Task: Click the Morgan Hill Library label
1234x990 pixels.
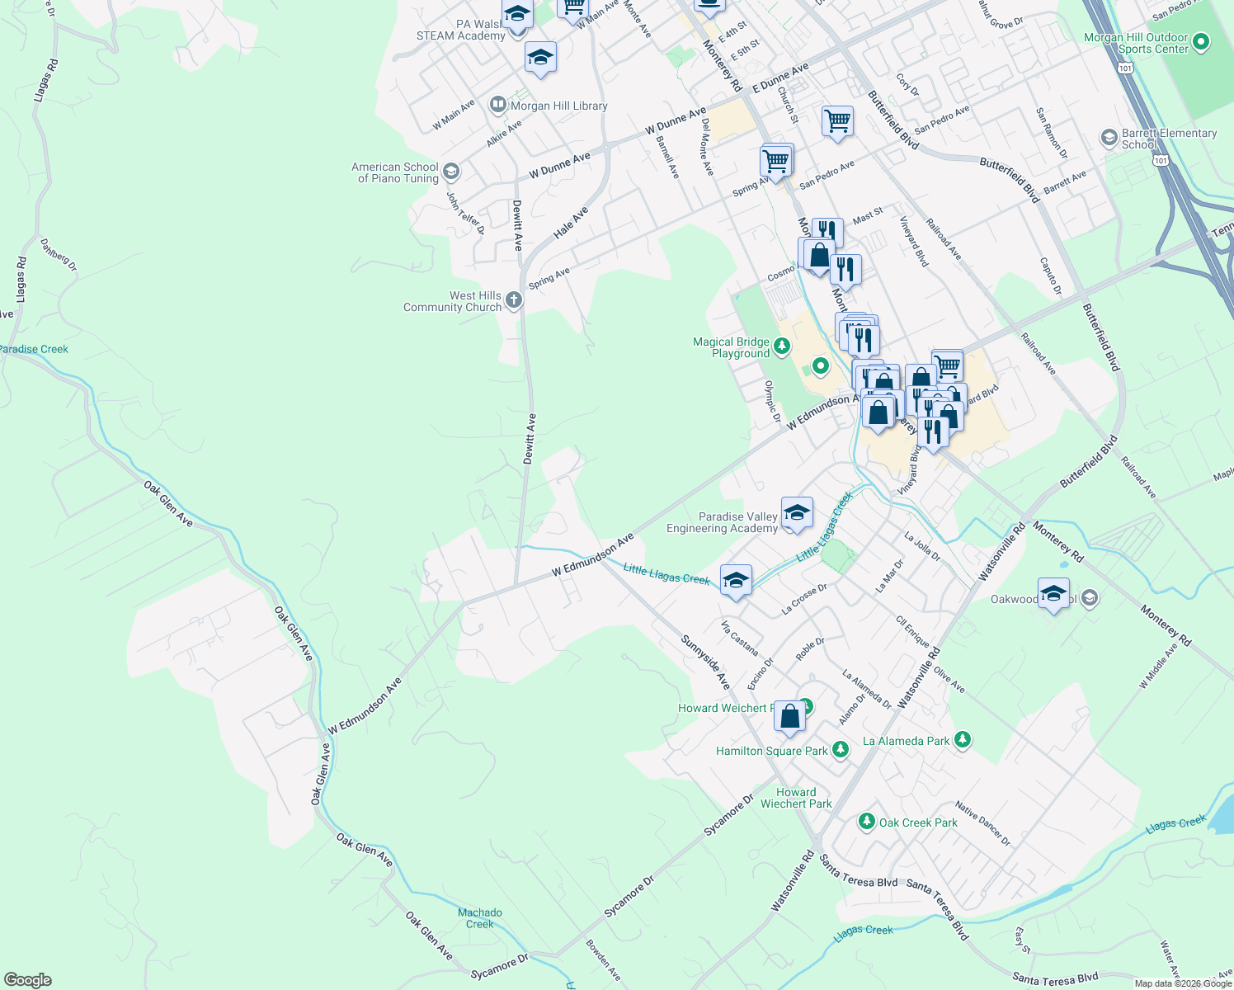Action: [x=558, y=106]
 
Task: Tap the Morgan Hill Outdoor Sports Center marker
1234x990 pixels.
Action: [x=1201, y=41]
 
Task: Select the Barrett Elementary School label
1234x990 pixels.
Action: [x=1169, y=139]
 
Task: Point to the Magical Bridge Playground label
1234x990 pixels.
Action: [x=731, y=347]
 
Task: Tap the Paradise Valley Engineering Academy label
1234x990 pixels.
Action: [x=722, y=522]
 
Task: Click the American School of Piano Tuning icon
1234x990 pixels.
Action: [x=450, y=172]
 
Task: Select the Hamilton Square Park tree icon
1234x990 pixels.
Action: [x=840, y=750]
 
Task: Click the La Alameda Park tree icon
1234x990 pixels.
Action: [x=962, y=740]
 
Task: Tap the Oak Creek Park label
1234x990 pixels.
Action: [x=918, y=823]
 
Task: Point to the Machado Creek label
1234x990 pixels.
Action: [x=479, y=918]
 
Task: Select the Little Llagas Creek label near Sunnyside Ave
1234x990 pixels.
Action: [x=666, y=573]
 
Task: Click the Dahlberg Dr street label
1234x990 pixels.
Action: [x=58, y=255]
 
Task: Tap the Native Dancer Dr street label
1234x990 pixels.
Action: [x=982, y=823]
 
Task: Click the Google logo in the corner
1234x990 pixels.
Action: [x=27, y=980]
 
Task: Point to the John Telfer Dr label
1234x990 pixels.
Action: [x=465, y=212]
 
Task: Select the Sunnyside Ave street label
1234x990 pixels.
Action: [x=706, y=662]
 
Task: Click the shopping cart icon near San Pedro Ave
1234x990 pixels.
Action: [x=837, y=121]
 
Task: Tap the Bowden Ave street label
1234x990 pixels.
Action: [x=603, y=959]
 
